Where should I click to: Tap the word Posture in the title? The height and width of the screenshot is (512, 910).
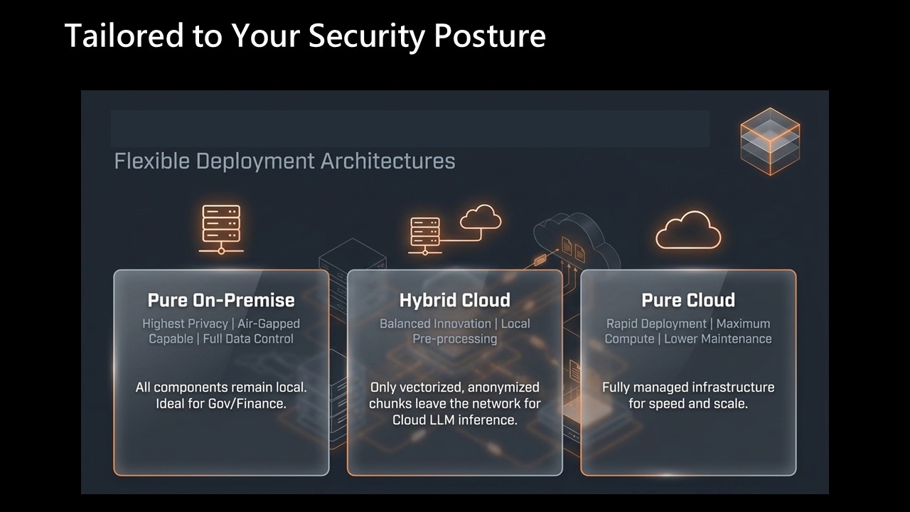point(490,36)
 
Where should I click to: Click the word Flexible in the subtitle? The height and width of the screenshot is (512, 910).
point(152,161)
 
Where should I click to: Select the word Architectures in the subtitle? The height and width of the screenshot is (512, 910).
point(387,161)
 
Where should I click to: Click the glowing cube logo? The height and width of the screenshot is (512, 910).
point(770,141)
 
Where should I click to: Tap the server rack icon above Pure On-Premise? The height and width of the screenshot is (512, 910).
point(221,230)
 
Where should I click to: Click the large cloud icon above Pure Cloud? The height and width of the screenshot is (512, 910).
point(688,230)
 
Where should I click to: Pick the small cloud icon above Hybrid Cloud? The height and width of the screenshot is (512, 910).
point(481,217)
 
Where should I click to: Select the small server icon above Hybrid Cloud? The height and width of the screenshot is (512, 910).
point(425,236)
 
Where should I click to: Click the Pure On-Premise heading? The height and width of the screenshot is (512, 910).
point(221,300)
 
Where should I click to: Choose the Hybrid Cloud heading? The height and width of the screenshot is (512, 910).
point(454,300)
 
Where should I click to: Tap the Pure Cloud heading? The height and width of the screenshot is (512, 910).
point(688,300)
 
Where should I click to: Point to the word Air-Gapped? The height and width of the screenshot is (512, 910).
point(269,324)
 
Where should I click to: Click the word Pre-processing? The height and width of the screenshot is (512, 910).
point(454,339)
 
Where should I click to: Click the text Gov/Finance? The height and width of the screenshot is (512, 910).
point(247,403)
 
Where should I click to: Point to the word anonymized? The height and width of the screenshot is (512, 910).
point(503,388)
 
